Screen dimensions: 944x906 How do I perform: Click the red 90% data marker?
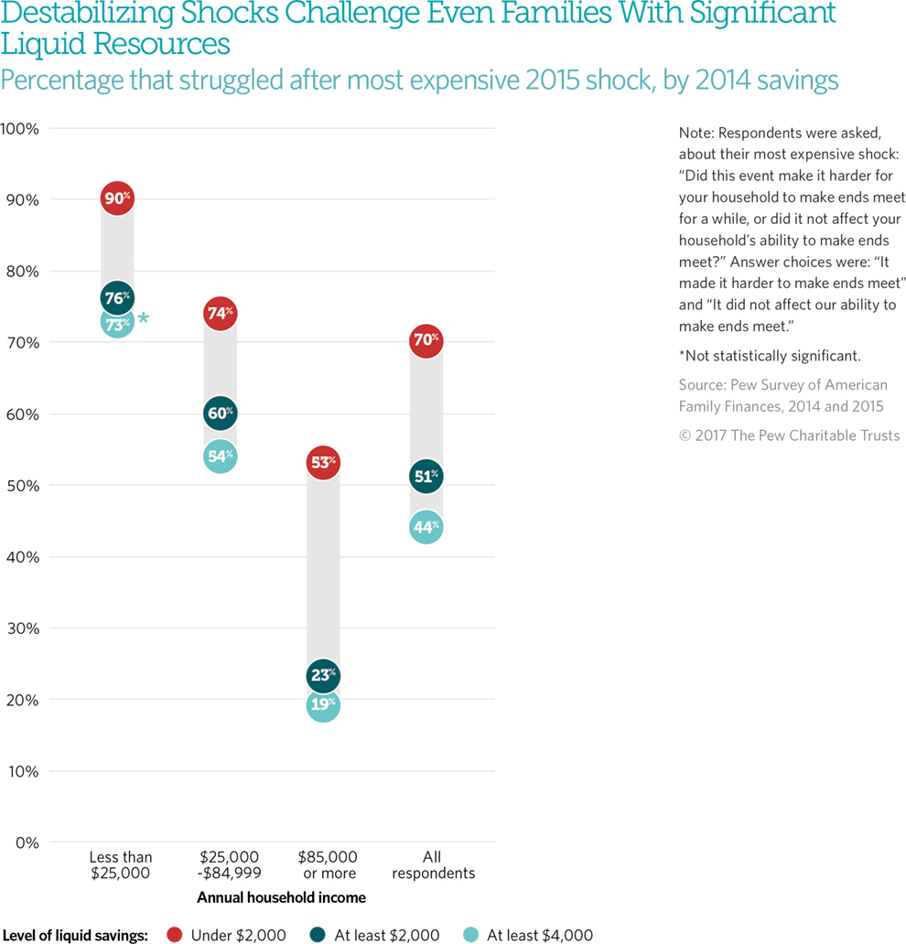pos(117,198)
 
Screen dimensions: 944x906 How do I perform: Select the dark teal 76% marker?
pos(117,298)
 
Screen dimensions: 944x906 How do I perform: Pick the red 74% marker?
pos(221,314)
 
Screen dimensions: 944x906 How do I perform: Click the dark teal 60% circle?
pos(221,413)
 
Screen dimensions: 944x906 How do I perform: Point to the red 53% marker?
pos(323,463)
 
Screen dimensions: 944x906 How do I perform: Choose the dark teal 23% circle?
pos(323,677)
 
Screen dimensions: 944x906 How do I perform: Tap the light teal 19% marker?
pos(323,705)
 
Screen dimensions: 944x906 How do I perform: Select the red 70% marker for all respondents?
pos(426,341)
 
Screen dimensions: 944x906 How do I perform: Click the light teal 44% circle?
pos(426,527)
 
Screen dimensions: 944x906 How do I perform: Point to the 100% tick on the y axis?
pos(20,128)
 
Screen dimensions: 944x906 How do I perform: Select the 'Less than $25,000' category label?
pos(121,864)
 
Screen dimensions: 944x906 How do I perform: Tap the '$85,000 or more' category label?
pos(327,864)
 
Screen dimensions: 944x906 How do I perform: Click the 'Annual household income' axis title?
pos(281,897)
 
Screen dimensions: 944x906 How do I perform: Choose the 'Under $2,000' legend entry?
pos(227,935)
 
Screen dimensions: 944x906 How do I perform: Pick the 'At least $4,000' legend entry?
pos(528,935)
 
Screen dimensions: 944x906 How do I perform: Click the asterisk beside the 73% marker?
pos(143,319)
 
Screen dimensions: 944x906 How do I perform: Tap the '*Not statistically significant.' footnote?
pos(770,356)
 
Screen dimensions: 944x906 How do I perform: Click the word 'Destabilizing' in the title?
pos(81,14)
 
